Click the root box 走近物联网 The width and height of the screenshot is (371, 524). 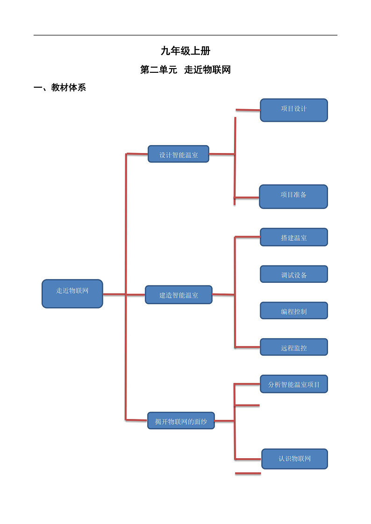(x=72, y=293)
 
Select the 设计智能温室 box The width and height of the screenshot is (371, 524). (x=178, y=154)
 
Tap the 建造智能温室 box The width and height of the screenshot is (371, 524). (x=178, y=295)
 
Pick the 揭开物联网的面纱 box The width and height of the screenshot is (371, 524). (x=181, y=421)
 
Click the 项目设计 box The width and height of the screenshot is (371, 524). (x=293, y=110)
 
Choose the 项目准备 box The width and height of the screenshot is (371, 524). (x=293, y=196)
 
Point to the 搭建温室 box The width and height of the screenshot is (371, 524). (x=293, y=237)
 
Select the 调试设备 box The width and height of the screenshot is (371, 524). (x=293, y=274)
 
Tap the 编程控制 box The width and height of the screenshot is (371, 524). (x=293, y=311)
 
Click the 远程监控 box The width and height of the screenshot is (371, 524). (x=293, y=347)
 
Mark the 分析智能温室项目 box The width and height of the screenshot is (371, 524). (x=293, y=384)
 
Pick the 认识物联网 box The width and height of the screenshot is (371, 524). (x=294, y=459)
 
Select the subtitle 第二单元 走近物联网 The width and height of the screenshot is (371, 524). (x=185, y=70)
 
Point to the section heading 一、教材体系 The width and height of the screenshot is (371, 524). (x=60, y=87)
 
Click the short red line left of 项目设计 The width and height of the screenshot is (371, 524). (x=248, y=110)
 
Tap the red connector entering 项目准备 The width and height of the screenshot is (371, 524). (x=247, y=197)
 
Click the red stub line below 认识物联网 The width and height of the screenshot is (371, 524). (x=248, y=473)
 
